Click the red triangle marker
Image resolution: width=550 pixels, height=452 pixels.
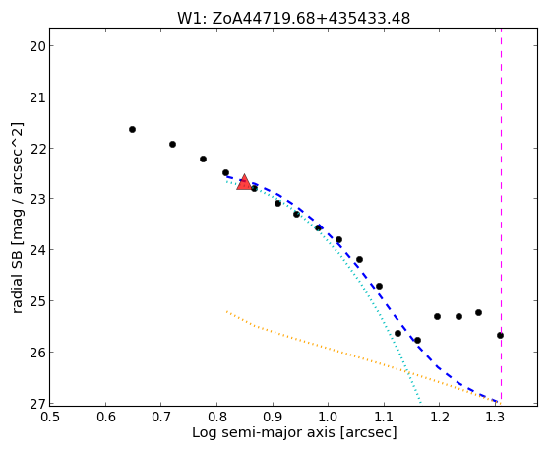pos(244,182)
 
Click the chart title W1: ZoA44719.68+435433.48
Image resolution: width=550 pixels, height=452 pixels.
pos(293,19)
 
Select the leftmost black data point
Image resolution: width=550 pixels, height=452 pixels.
pos(132,130)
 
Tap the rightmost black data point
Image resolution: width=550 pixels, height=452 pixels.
pos(500,336)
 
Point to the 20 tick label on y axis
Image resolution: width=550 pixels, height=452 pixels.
pos(37,46)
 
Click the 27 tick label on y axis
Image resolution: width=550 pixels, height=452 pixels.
pos(37,403)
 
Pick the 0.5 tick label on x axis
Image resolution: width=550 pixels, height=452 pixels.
pos(50,417)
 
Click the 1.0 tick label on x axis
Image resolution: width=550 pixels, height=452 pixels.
pos(328,417)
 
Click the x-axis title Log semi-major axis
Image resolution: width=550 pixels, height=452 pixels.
pos(264,432)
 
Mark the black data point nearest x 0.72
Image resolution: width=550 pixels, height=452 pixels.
pos(172,145)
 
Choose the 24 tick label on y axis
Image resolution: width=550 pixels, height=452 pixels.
pos(37,250)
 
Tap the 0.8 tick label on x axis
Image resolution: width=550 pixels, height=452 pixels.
pos(216,417)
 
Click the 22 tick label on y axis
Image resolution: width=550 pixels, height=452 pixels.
pos(37,149)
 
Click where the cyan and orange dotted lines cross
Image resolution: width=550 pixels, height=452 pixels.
pos(407,370)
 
